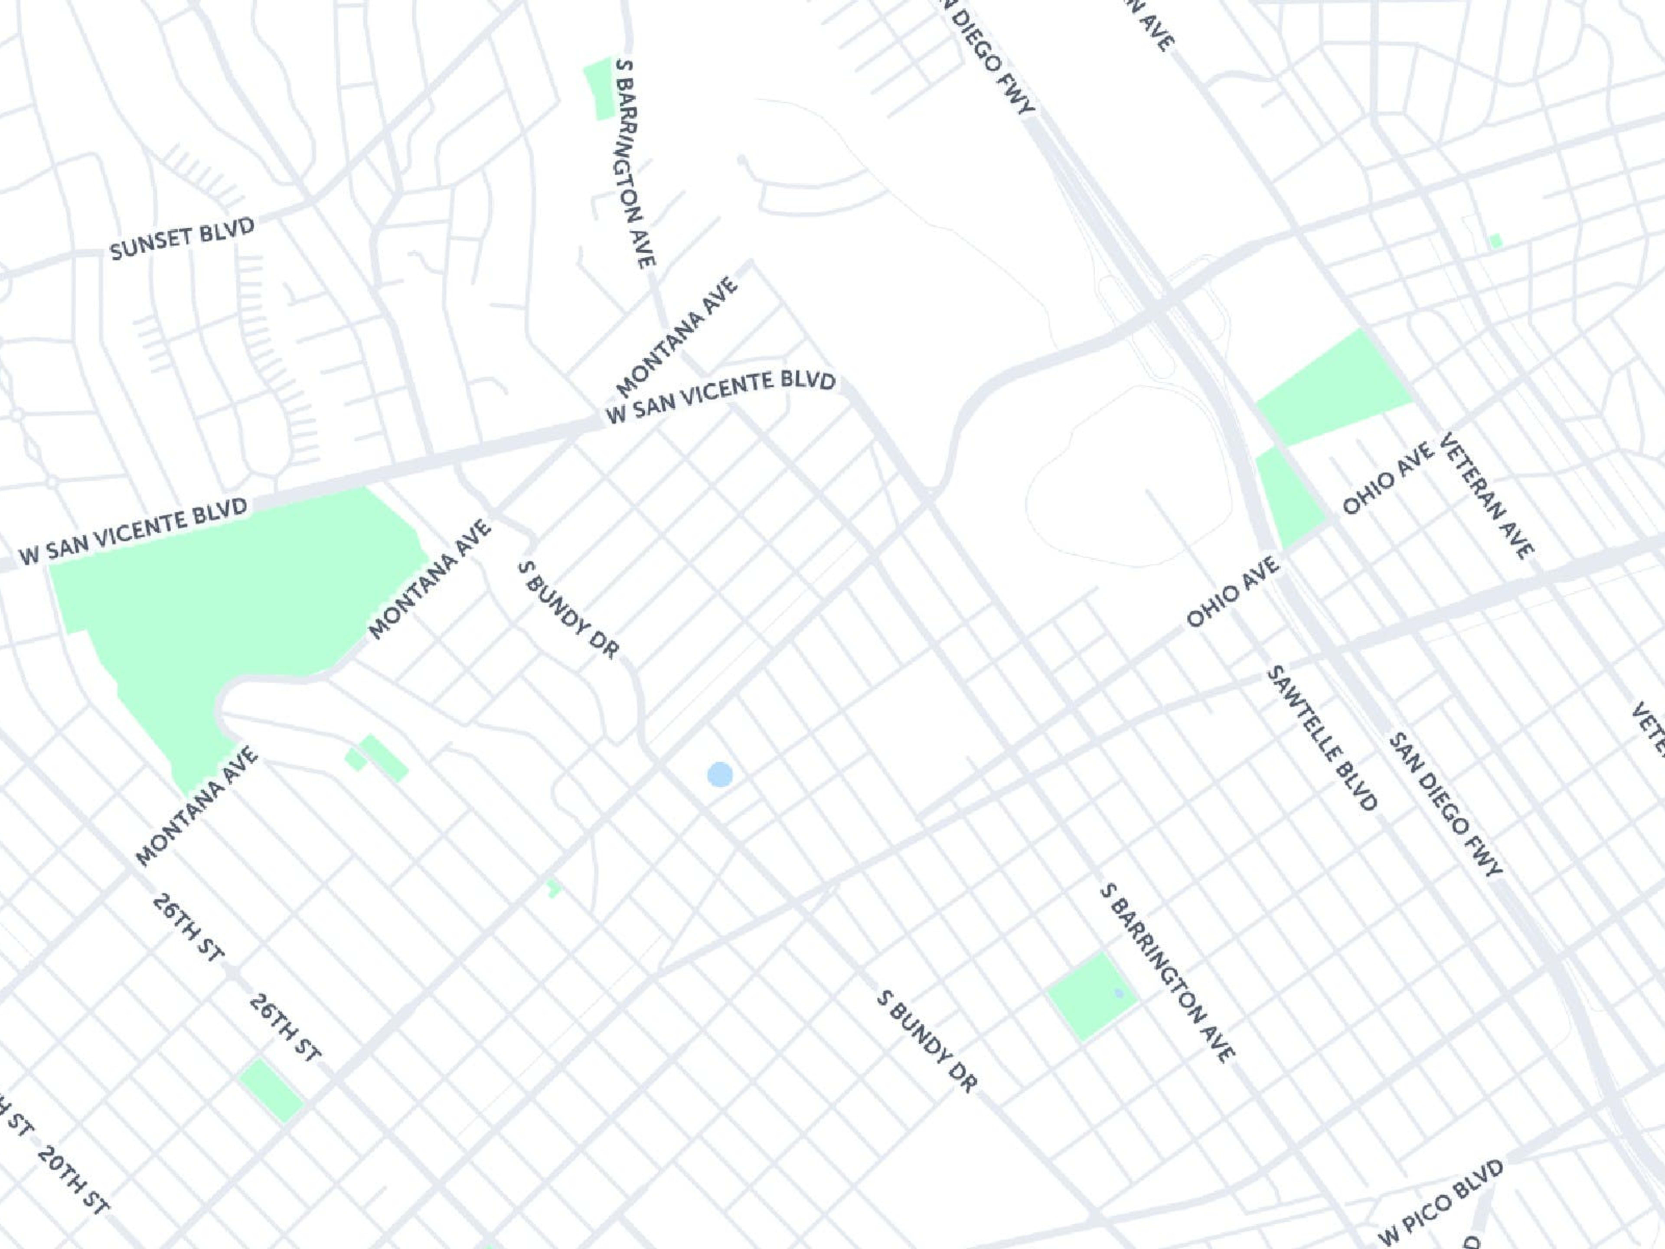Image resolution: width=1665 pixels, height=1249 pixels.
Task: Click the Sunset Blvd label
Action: tap(182, 239)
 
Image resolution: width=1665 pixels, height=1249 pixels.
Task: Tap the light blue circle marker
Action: tap(720, 774)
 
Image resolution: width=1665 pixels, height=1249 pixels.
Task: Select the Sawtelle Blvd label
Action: tap(1322, 738)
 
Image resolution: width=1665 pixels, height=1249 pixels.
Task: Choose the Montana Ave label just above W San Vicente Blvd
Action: tap(677, 338)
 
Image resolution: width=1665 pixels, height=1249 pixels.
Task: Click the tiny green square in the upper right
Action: tap(1495, 241)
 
